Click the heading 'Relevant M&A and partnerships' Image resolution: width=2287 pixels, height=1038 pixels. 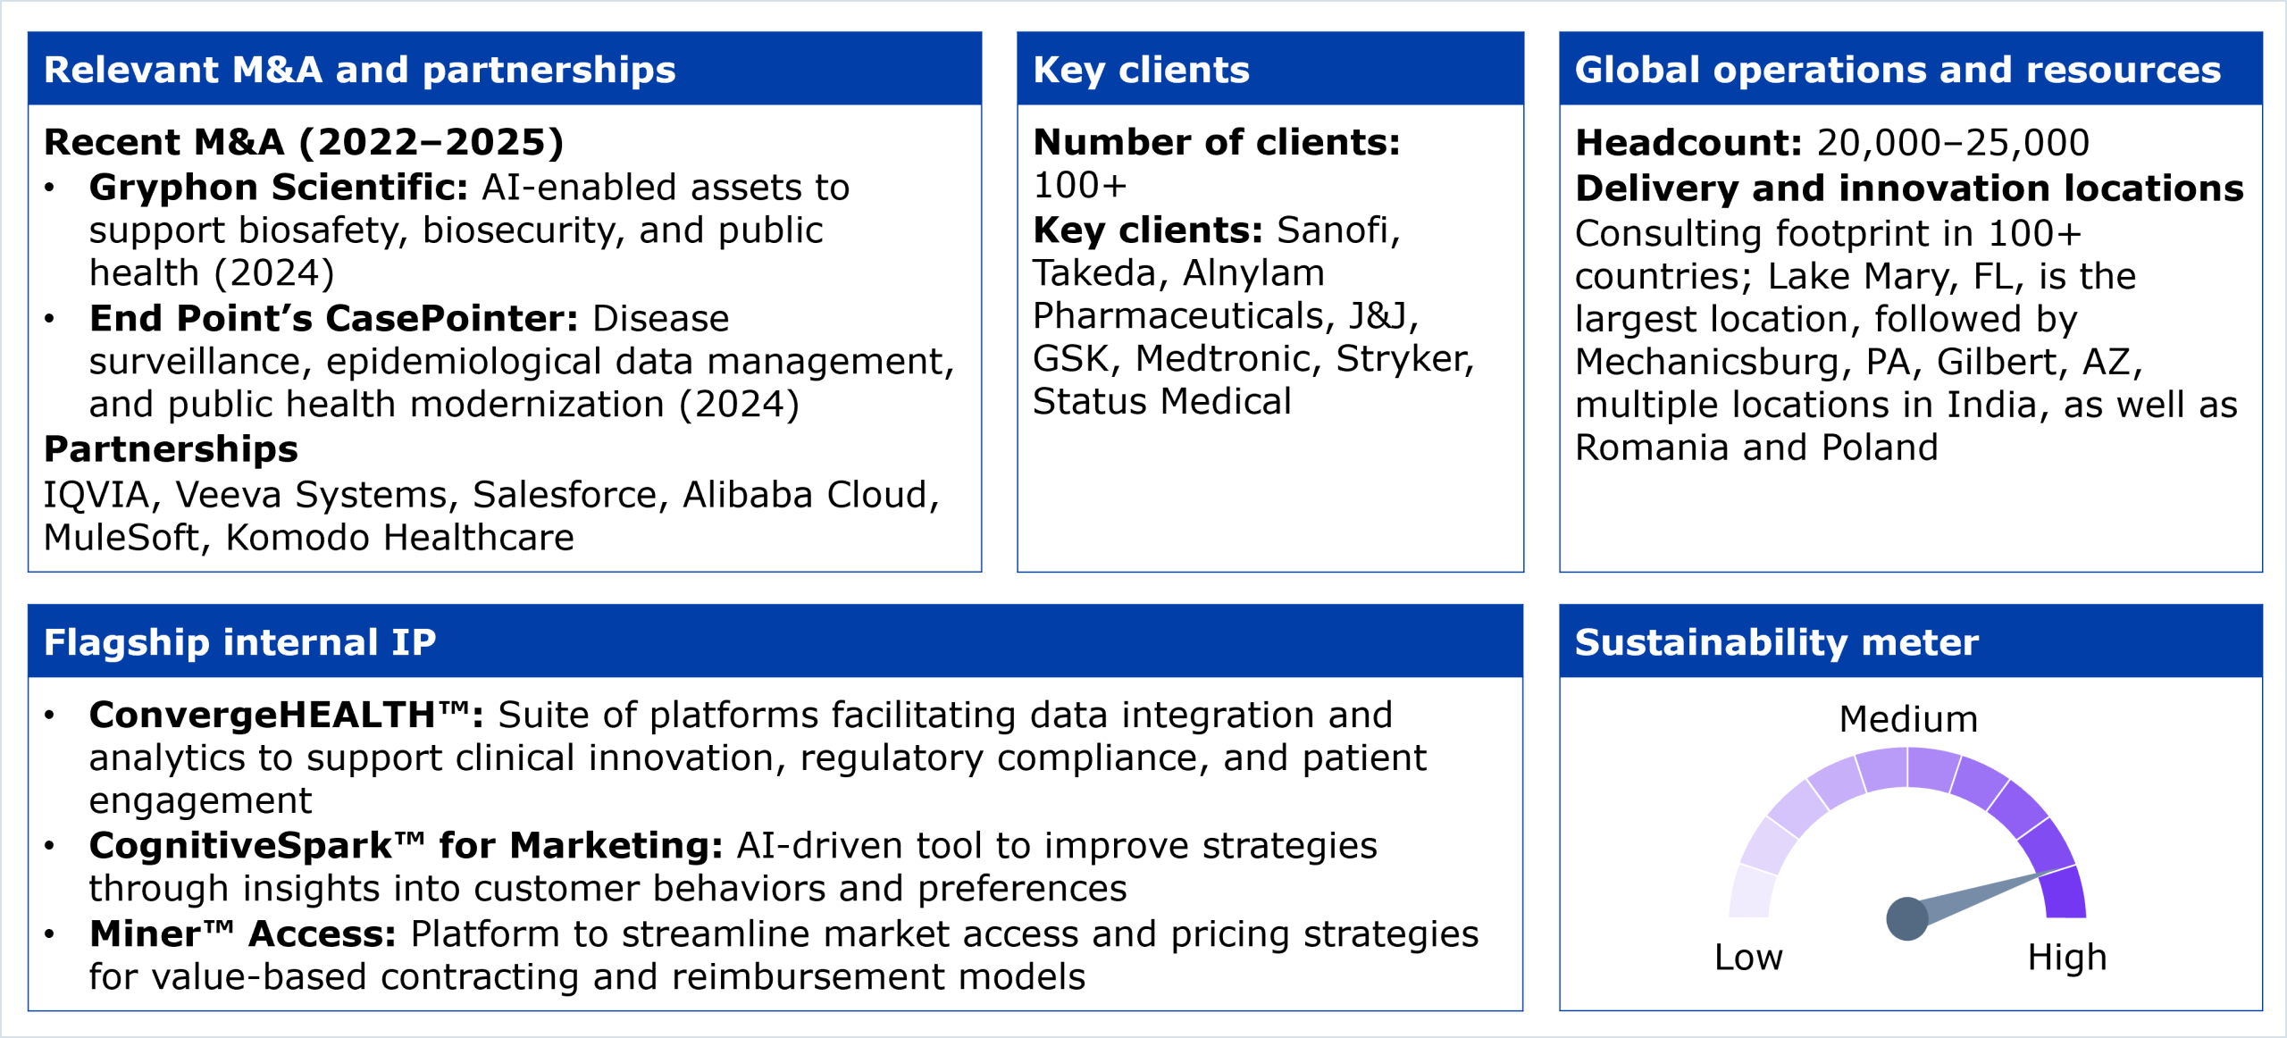pos(360,70)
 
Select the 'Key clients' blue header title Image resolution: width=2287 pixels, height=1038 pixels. pos(1141,70)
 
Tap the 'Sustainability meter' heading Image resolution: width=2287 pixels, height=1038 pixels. pos(1776,642)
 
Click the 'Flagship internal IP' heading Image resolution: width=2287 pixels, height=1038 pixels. pos(240,642)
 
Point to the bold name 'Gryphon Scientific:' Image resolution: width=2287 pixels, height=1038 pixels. pos(279,188)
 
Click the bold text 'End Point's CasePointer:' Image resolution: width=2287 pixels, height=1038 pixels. pos(334,318)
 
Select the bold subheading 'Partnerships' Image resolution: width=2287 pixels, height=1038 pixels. pos(171,448)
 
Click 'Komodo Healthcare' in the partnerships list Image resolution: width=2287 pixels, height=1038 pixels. pos(399,538)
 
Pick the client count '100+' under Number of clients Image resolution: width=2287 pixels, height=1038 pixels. pos(1079,186)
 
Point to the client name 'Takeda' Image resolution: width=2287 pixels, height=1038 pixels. pos(1094,273)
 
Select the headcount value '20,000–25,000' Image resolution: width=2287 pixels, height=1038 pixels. pos(1953,143)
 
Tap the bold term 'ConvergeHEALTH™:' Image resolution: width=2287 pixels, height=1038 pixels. pos(286,715)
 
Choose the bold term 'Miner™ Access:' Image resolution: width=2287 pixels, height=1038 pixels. pos(242,933)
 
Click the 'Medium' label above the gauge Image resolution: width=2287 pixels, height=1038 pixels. pos(1908,719)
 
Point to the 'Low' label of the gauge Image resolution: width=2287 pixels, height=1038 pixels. pos(1748,958)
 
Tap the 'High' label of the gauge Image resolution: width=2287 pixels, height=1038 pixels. pos(2066,958)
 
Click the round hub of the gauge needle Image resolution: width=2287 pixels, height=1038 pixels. pos(1907,918)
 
